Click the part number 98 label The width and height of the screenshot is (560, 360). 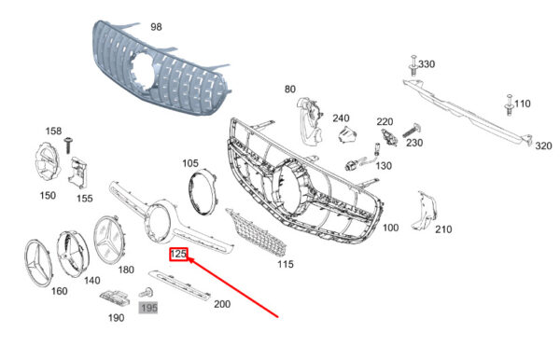[156, 27]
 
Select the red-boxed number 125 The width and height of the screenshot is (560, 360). [178, 254]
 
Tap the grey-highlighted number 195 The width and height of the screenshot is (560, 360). [148, 308]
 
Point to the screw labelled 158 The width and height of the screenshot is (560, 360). [67, 145]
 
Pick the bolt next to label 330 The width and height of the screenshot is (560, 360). [413, 65]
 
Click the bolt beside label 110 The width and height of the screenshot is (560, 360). [510, 104]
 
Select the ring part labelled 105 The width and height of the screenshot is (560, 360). [203, 191]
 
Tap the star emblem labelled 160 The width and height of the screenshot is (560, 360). [38, 263]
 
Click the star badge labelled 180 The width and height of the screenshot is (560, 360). [109, 240]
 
